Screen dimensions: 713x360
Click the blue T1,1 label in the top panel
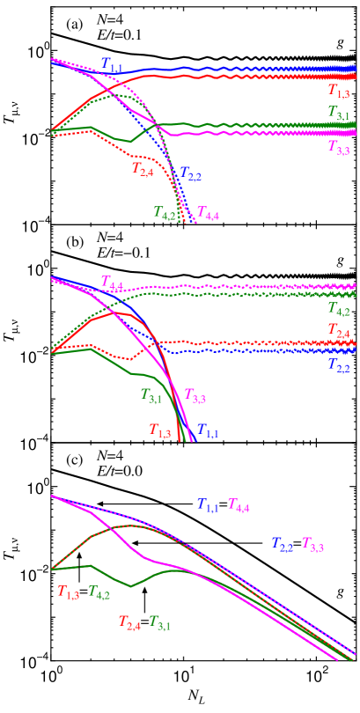[112, 63]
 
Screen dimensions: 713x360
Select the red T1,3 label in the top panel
[339, 91]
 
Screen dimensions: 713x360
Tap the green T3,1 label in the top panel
[339, 113]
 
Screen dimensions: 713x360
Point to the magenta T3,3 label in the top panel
[339, 147]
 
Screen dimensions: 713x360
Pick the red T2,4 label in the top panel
[143, 168]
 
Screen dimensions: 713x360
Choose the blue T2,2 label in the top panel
[191, 175]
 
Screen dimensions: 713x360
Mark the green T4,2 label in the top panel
[165, 212]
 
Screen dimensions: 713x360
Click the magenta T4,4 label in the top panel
[208, 212]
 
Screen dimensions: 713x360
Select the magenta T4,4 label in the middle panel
[112, 283]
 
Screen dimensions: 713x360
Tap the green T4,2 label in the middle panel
[339, 308]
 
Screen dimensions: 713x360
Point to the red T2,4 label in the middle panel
[339, 330]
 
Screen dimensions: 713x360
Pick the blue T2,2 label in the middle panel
[339, 365]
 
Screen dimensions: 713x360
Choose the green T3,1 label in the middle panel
[151, 395]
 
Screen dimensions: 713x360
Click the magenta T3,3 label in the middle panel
[195, 395]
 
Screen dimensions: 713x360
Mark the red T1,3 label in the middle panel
[159, 430]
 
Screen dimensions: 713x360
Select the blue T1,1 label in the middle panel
[208, 430]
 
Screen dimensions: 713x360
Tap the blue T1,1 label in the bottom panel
[208, 505]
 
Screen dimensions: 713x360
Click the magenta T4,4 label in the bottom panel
[239, 505]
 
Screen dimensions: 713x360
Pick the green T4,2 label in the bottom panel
[99, 593]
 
